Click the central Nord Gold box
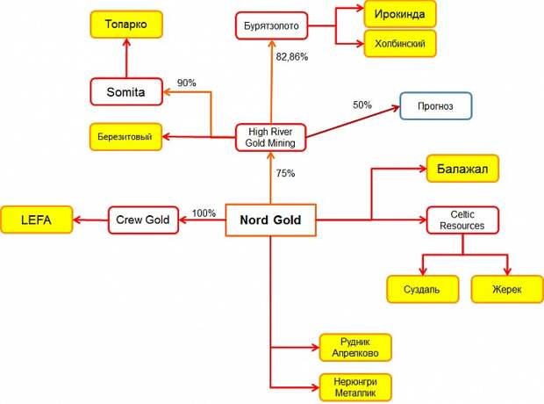tap(270, 220)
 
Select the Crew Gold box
tap(143, 220)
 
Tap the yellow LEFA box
tap(37, 220)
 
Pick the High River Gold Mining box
tap(270, 137)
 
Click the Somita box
tap(126, 91)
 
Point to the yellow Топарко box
tap(126, 25)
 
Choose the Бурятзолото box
tap(272, 25)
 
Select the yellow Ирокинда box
tap(400, 14)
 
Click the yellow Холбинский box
tap(400, 43)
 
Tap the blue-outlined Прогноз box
tap(436, 106)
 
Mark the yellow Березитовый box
tap(125, 136)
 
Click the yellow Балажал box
tap(462, 169)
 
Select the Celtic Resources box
tap(462, 220)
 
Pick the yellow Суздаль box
tap(422, 289)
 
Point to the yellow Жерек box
tap(507, 289)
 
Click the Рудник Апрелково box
tap(355, 348)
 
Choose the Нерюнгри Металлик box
tap(355, 387)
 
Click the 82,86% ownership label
tap(292, 56)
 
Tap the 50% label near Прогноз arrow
tap(362, 105)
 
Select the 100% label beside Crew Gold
tap(204, 213)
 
